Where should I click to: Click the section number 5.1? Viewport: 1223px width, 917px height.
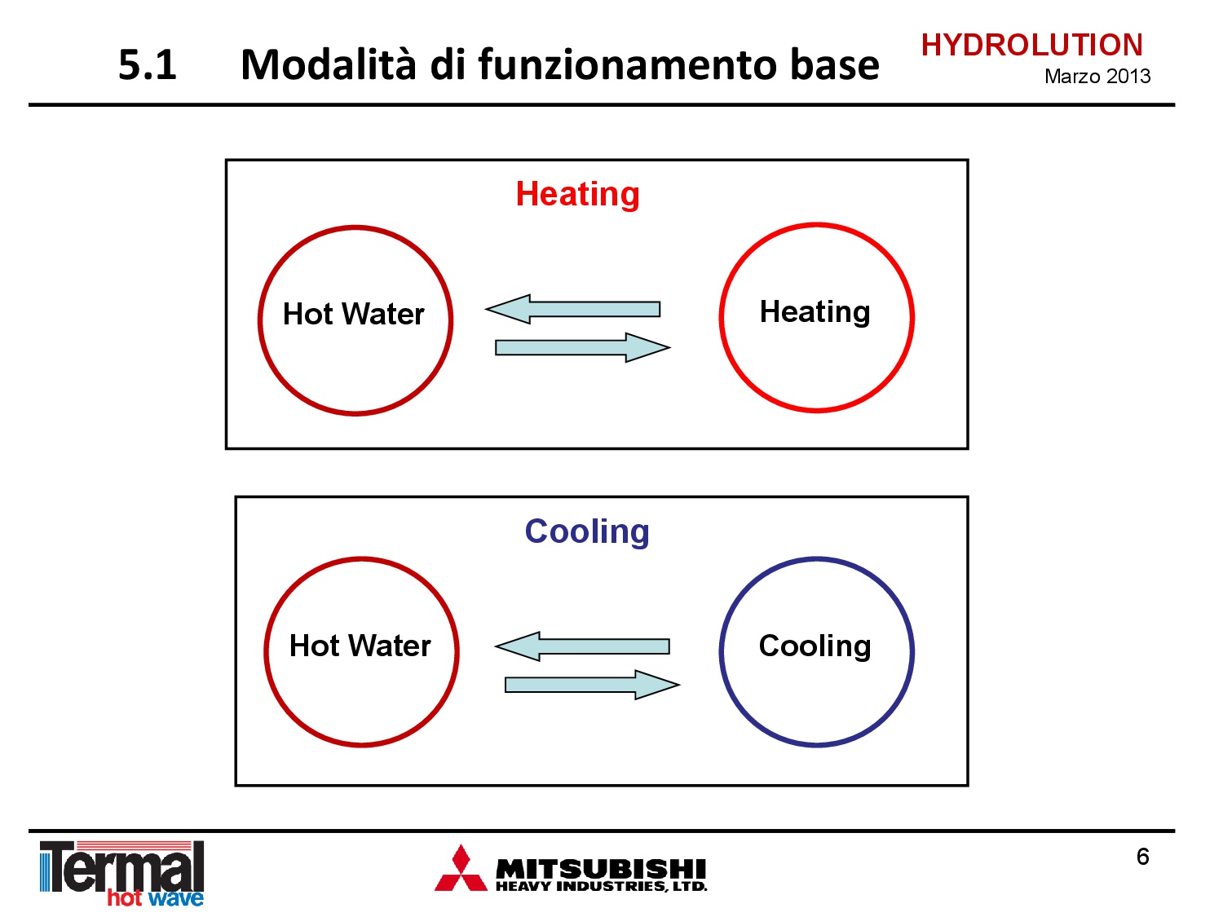click(x=147, y=65)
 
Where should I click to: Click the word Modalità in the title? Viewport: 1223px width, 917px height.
click(x=329, y=64)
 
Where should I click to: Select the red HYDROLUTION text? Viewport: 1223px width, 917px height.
click(x=1032, y=45)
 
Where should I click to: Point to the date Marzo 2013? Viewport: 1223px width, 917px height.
click(x=1097, y=77)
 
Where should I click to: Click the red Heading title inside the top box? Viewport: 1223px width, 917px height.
click(x=577, y=194)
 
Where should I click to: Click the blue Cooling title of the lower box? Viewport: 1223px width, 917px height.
click(x=587, y=531)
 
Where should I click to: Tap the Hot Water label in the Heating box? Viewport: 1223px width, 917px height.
click(x=353, y=314)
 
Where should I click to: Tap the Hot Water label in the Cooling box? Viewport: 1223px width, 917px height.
click(x=360, y=646)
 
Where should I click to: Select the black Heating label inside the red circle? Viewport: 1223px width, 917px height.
click(x=815, y=312)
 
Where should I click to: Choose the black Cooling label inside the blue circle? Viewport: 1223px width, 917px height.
click(x=815, y=646)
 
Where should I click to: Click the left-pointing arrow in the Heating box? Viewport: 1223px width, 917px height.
click(x=573, y=309)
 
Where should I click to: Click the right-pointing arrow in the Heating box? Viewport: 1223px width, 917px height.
click(x=583, y=347)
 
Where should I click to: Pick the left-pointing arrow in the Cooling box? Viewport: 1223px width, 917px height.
click(x=582, y=646)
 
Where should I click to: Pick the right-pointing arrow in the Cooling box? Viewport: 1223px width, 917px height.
click(x=592, y=685)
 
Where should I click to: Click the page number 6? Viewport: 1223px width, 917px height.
click(x=1142, y=857)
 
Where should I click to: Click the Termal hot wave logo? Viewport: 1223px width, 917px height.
click(x=122, y=873)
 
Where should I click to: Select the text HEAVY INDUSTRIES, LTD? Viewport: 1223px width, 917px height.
click(x=601, y=886)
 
